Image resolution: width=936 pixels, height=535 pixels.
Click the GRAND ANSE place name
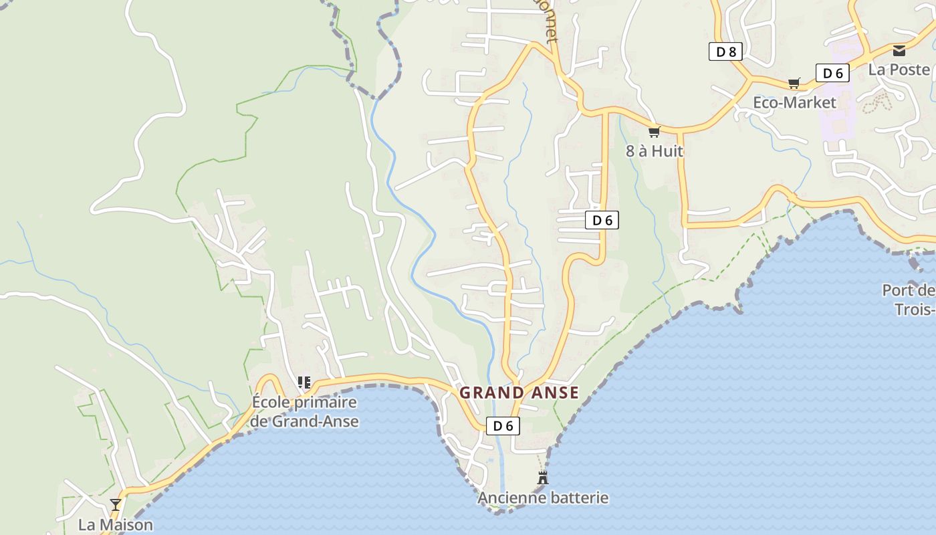tap(519, 393)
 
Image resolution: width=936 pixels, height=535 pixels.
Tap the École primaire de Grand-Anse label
tap(305, 411)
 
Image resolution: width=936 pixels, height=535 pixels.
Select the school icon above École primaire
tap(304, 383)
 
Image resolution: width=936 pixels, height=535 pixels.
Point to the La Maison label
tap(116, 524)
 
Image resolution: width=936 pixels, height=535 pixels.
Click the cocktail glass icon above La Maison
tap(116, 504)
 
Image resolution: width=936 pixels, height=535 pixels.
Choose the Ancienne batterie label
tap(543, 498)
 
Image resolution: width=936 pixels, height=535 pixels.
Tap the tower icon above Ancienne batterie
tap(543, 477)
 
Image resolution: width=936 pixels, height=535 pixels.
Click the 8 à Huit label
tap(655, 151)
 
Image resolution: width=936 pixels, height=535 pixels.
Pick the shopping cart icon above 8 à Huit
tap(654, 132)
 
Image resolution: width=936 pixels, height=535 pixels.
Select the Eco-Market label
tap(794, 102)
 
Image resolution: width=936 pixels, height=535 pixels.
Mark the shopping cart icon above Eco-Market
tap(794, 83)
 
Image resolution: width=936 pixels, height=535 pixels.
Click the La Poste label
tap(899, 69)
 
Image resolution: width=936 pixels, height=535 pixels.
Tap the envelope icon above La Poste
tap(899, 50)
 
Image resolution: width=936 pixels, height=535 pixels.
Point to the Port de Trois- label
tap(909, 300)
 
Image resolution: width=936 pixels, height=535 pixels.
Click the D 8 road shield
tap(725, 51)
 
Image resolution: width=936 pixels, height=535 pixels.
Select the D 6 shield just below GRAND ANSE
tap(503, 425)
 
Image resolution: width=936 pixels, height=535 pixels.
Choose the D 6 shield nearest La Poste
tap(832, 73)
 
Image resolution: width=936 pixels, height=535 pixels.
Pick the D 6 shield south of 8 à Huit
tap(602, 220)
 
